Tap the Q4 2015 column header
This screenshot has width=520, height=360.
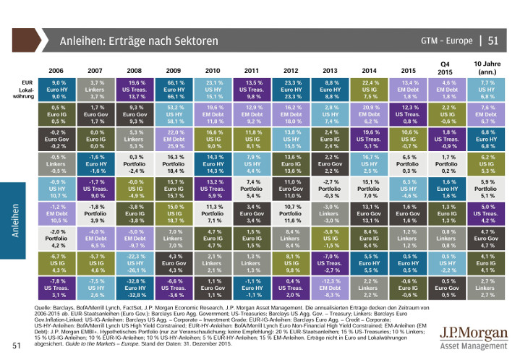pyautogui.click(x=448, y=67)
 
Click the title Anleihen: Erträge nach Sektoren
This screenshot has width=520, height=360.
pyautogui.click(x=139, y=41)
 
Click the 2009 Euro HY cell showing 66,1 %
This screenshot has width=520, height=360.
pyautogui.click(x=182, y=90)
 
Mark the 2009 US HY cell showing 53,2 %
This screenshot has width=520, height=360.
pyautogui.click(x=182, y=114)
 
